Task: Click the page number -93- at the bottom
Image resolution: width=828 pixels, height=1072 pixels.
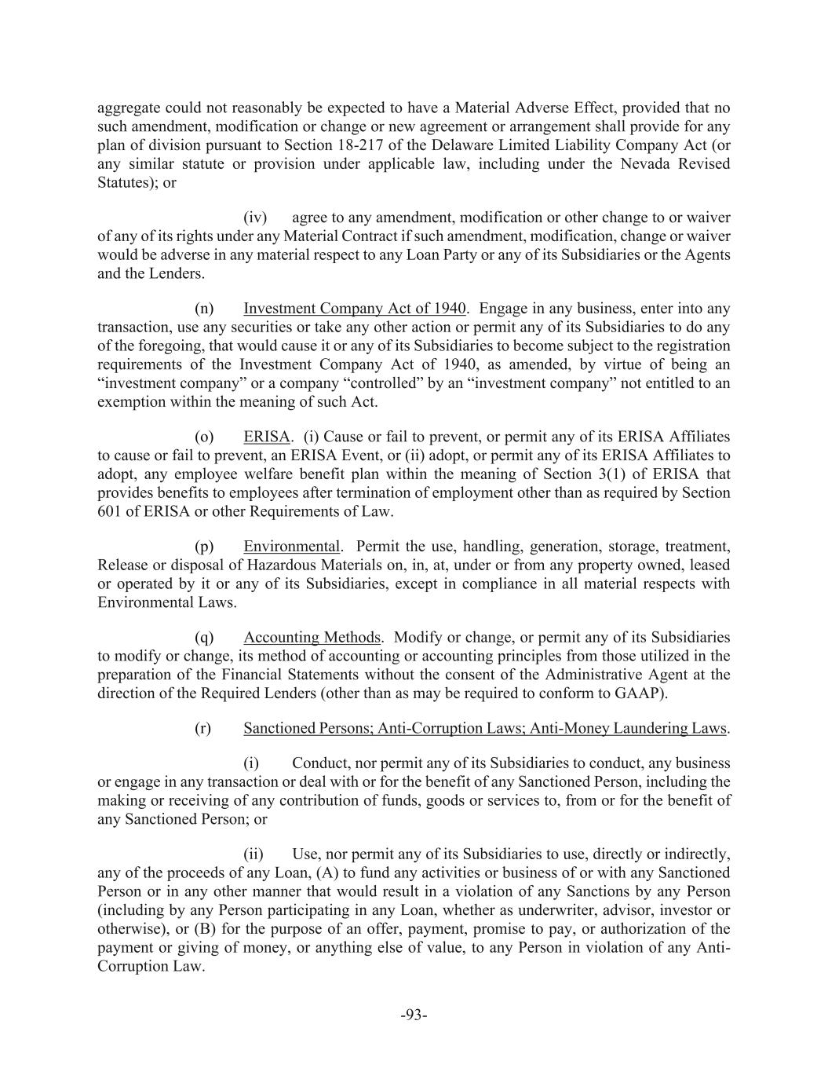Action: point(414,1015)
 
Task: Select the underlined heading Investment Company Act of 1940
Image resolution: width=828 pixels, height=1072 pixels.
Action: point(355,309)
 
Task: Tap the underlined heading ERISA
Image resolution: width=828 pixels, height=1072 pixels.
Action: point(267,437)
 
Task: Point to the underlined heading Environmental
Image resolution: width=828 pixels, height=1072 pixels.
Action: point(291,547)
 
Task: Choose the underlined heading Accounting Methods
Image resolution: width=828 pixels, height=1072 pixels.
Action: point(312,638)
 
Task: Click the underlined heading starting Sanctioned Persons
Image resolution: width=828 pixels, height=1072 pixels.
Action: point(484,728)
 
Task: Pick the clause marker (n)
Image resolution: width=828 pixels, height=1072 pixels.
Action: point(204,309)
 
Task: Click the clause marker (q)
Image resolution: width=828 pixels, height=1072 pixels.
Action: point(204,638)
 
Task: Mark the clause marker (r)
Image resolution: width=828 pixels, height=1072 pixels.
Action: point(203,728)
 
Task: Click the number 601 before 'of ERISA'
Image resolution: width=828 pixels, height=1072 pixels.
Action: point(109,512)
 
